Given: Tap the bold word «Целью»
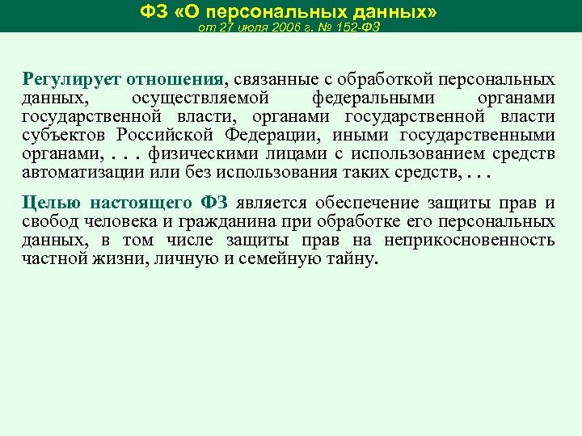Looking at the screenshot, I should pyautogui.click(x=49, y=203).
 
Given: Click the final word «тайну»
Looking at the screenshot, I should pyautogui.click(x=353, y=259).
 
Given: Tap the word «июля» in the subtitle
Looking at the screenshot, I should pyautogui.click(x=240, y=27).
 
